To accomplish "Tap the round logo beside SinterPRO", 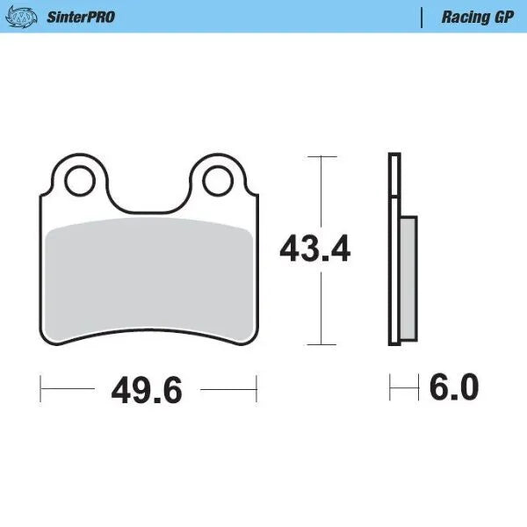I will click(x=27, y=17).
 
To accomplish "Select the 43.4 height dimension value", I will click(x=314, y=250).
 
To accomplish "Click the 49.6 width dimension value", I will click(x=147, y=389).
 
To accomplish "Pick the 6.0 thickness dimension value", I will click(x=453, y=386).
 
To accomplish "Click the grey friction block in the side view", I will click(x=408, y=279).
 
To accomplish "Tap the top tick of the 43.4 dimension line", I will click(x=322, y=156).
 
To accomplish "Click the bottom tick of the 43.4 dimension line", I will click(x=322, y=345).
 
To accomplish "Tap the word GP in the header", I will click(x=502, y=17).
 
